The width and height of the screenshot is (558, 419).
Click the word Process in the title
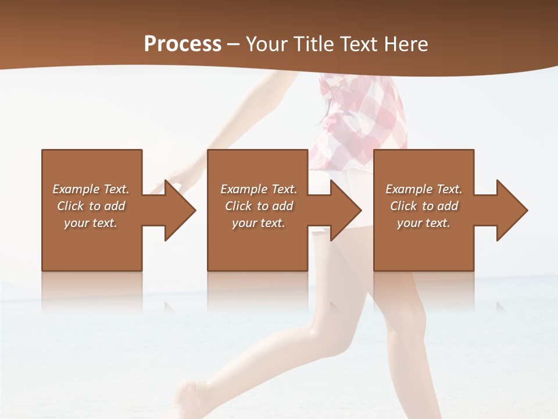(x=183, y=44)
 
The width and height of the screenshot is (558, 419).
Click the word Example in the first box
(x=76, y=189)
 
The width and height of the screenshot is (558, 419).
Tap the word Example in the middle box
(x=244, y=189)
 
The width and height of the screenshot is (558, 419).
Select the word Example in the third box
(x=409, y=189)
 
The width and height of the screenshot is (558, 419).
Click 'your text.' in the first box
(x=91, y=223)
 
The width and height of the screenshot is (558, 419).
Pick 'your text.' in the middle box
(x=259, y=223)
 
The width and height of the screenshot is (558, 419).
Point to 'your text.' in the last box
(x=424, y=223)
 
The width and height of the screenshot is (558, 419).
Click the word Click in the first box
(x=70, y=206)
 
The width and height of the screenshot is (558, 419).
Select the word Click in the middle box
(x=238, y=206)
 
